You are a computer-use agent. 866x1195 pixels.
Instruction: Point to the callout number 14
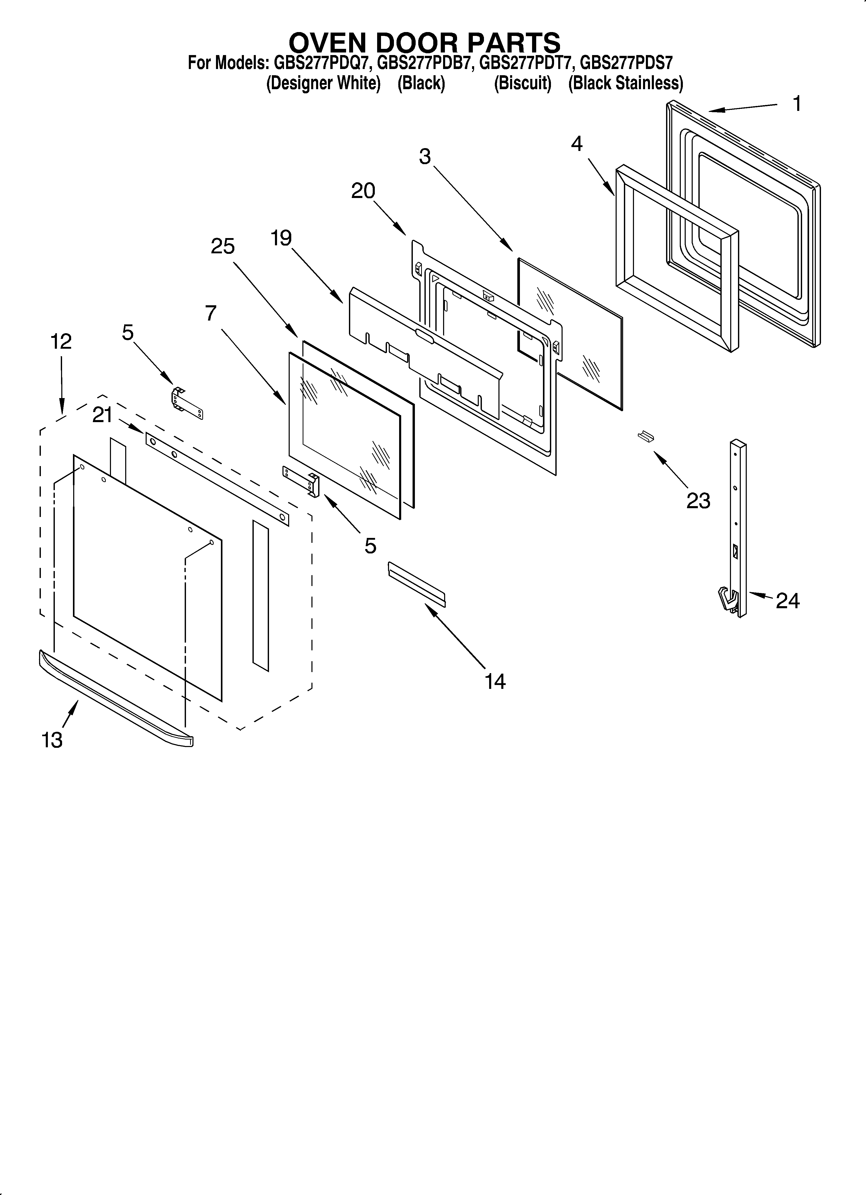click(495, 681)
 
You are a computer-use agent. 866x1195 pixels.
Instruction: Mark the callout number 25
click(222, 246)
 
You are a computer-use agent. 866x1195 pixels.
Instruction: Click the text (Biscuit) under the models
click(522, 83)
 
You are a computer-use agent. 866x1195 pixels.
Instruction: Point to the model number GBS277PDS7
click(626, 63)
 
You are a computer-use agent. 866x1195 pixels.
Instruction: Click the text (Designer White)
click(323, 83)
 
